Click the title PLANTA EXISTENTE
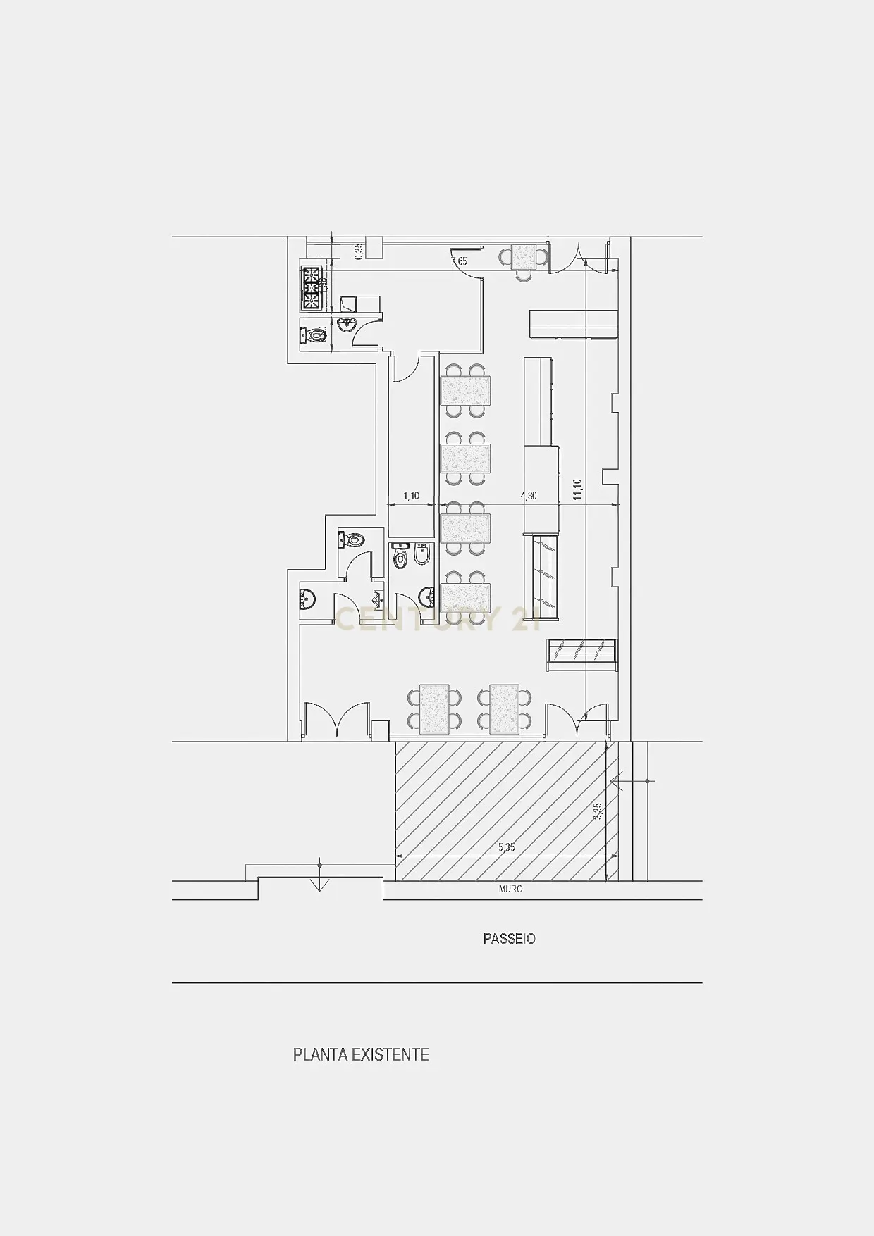tap(361, 1055)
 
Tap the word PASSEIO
tap(509, 939)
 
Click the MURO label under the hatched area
tap(510, 889)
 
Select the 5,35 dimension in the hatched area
tap(506, 847)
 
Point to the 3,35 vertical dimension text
tap(598, 811)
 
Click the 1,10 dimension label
tap(411, 497)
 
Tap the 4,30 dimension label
tap(529, 497)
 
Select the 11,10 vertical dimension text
tap(577, 489)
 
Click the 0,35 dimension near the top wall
tap(358, 251)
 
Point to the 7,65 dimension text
tap(459, 262)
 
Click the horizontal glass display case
tap(584, 649)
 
